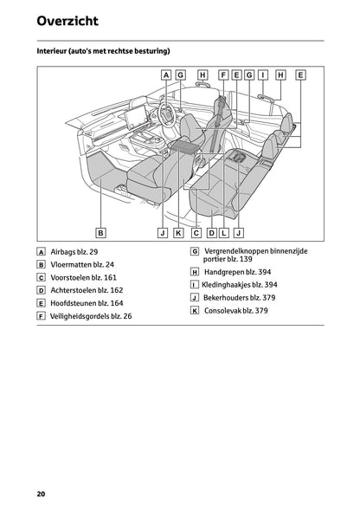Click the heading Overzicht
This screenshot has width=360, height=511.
[67, 21]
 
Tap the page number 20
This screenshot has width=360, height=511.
[41, 494]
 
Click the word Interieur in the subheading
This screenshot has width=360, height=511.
[55, 51]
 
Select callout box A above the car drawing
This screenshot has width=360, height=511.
[166, 75]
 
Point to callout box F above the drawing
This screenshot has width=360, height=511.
[223, 75]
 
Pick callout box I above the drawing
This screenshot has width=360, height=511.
[262, 75]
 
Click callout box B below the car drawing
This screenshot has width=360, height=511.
[100, 232]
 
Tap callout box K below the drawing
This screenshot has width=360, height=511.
[178, 232]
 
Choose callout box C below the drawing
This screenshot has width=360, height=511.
[196, 232]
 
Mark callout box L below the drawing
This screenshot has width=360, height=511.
[224, 232]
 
